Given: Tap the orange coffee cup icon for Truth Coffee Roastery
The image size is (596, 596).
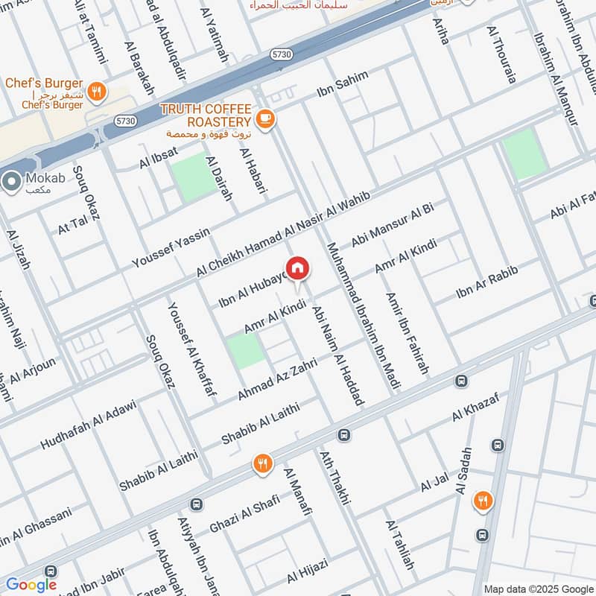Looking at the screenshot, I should tap(264, 118).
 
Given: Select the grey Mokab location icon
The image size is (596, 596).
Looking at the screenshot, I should tap(11, 181).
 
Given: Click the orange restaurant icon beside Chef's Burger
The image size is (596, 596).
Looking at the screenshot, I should tap(95, 92).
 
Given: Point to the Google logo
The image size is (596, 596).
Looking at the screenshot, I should tap(31, 585).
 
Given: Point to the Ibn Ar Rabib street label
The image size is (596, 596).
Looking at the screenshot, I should tap(486, 283).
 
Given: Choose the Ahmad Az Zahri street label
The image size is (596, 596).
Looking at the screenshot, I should tap(277, 378).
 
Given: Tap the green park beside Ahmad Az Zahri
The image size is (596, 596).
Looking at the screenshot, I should tap(245, 351).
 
